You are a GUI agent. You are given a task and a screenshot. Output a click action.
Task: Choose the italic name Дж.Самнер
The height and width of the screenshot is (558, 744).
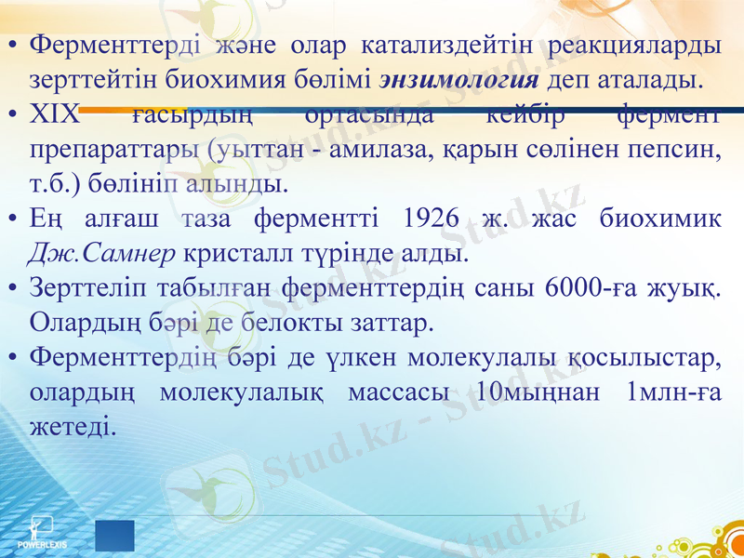102,252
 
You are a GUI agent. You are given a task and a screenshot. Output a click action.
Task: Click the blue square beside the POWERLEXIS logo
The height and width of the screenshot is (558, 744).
114,536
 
